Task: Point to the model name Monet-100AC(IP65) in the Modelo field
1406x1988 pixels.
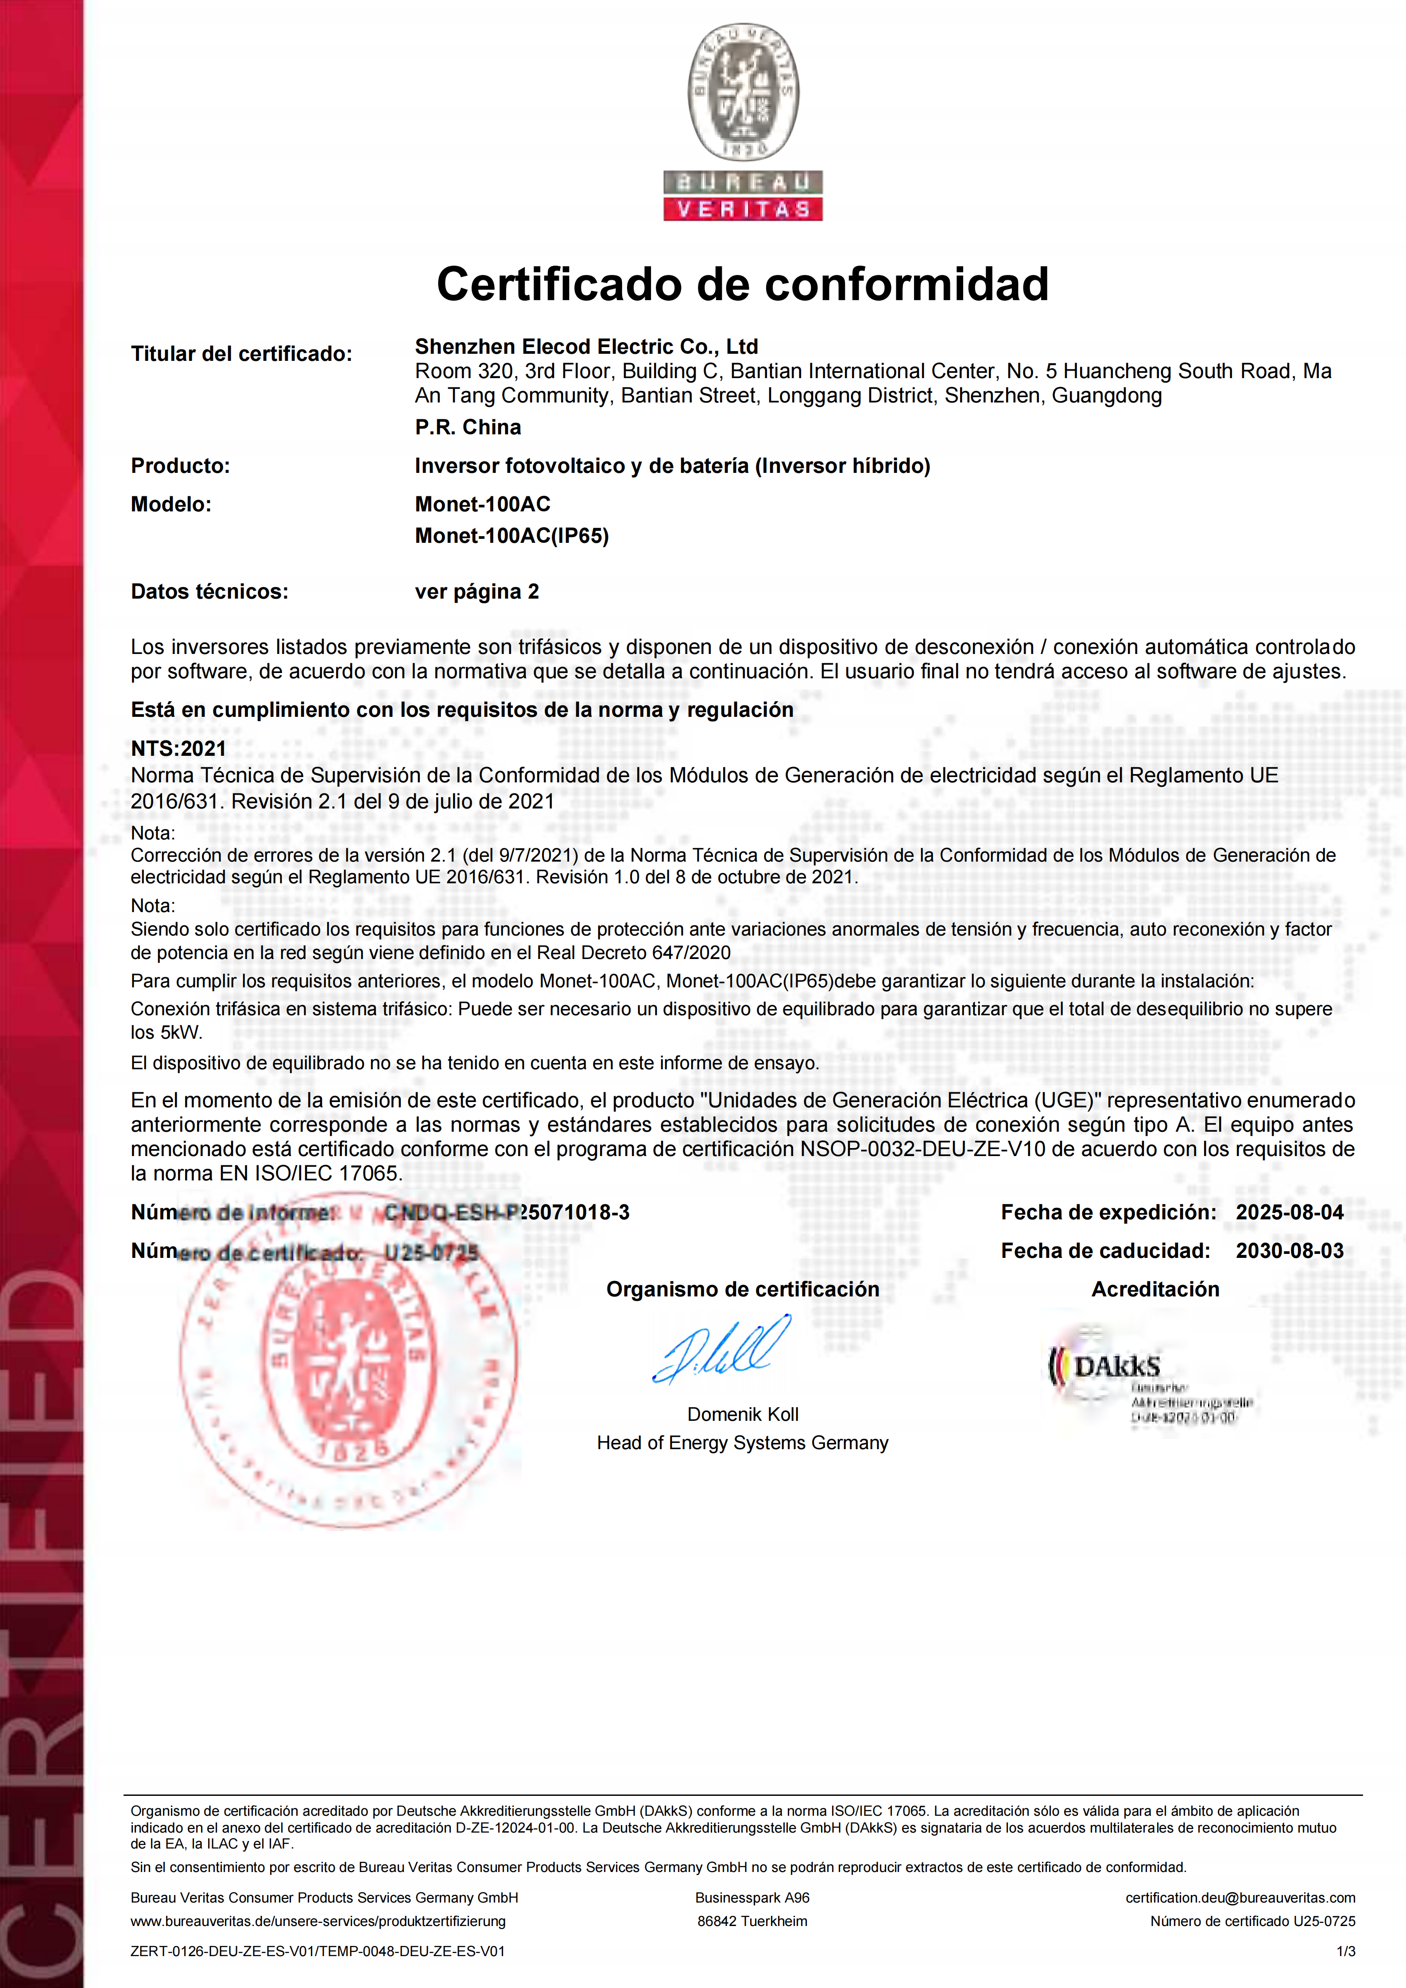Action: click(511, 536)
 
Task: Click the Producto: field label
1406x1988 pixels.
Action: click(180, 466)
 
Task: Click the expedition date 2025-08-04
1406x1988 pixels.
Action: click(1289, 1212)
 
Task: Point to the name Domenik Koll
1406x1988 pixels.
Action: click(743, 1414)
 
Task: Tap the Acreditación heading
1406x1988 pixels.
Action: click(1155, 1289)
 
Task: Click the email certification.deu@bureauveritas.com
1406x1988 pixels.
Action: click(1240, 1897)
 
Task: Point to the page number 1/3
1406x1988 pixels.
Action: click(1345, 1951)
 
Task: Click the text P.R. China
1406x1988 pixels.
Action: click(468, 427)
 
